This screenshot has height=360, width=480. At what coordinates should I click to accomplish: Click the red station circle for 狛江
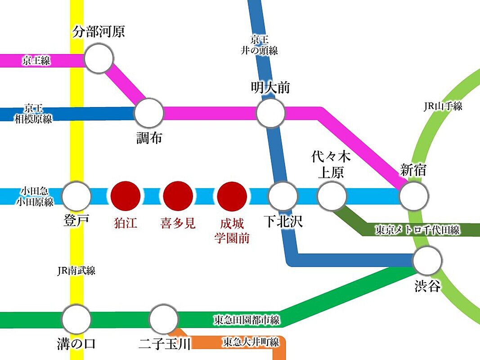[x=126, y=196]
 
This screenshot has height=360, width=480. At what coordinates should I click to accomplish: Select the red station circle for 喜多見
[x=178, y=196]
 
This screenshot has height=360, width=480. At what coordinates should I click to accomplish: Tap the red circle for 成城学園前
[x=232, y=196]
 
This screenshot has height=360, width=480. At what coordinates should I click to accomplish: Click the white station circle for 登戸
[x=76, y=196]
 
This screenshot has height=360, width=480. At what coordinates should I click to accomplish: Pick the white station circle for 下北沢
[x=283, y=196]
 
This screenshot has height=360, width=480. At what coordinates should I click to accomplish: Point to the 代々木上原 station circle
[x=332, y=196]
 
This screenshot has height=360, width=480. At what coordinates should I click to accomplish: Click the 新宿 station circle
[x=413, y=196]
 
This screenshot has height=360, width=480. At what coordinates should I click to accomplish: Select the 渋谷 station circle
[x=427, y=261]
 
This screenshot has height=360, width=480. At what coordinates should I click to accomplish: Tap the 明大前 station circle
[x=271, y=113]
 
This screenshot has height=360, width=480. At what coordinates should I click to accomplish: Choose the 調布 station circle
[x=149, y=113]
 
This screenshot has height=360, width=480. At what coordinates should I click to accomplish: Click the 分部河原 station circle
[x=99, y=58]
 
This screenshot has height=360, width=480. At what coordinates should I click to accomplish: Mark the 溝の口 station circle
[x=76, y=319]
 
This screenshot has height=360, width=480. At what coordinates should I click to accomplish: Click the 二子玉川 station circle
[x=164, y=319]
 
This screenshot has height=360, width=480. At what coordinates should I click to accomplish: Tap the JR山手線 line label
[x=443, y=107]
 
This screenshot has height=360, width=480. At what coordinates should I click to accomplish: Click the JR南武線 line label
[x=76, y=270]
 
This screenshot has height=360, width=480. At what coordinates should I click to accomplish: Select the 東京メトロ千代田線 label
[x=418, y=230]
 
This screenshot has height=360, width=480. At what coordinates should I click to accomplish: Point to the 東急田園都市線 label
[x=247, y=320]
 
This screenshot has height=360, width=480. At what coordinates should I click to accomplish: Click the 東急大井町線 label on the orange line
[x=251, y=342]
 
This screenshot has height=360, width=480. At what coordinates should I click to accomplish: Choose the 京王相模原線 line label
[x=34, y=113]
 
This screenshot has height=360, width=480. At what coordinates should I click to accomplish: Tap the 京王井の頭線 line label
[x=259, y=45]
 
